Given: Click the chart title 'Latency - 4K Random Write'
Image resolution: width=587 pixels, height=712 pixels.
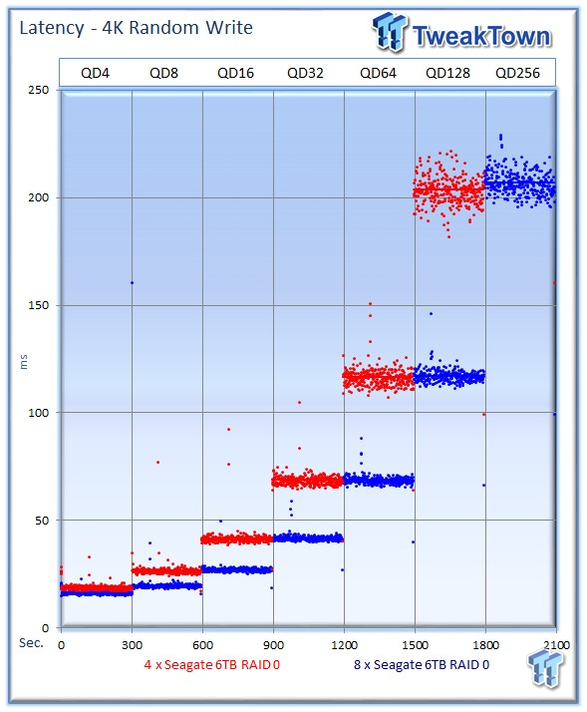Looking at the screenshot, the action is [136, 28].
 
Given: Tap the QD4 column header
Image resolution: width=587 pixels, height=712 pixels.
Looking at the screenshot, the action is [95, 73].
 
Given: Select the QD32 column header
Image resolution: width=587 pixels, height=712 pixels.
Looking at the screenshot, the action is [305, 73].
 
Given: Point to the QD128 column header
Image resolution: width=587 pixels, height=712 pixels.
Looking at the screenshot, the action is [447, 73].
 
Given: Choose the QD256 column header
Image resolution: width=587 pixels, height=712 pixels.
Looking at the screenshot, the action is [517, 73].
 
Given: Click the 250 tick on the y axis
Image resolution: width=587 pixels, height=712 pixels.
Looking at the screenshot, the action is [39, 90].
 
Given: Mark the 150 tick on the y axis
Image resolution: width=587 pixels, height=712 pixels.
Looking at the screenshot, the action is [39, 305].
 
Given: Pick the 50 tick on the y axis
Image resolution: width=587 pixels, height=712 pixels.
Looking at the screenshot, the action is [42, 521].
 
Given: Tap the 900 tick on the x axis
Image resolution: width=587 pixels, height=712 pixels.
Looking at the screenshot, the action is [273, 645].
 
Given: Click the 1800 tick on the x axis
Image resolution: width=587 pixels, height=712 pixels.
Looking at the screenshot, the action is [485, 645].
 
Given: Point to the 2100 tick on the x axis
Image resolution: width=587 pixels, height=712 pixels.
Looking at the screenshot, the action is [556, 645].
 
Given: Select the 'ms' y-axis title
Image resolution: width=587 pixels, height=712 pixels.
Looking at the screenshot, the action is [24, 362].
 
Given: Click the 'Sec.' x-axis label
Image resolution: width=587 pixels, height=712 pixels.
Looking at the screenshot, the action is [31, 643].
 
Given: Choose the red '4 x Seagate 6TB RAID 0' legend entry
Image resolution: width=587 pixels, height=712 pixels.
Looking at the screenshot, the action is [212, 665].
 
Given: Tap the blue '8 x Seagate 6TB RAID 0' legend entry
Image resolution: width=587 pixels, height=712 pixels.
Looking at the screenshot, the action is [422, 665].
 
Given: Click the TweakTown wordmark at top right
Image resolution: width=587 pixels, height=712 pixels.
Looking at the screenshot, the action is [481, 36].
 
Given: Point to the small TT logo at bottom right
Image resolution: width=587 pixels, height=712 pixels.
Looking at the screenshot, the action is [546, 669].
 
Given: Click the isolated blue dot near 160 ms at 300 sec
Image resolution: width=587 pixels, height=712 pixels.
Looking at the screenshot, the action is [133, 283].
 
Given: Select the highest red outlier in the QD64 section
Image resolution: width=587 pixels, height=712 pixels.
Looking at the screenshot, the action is [370, 304].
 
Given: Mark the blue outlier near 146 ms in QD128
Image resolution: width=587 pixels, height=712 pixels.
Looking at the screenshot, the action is [431, 314].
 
